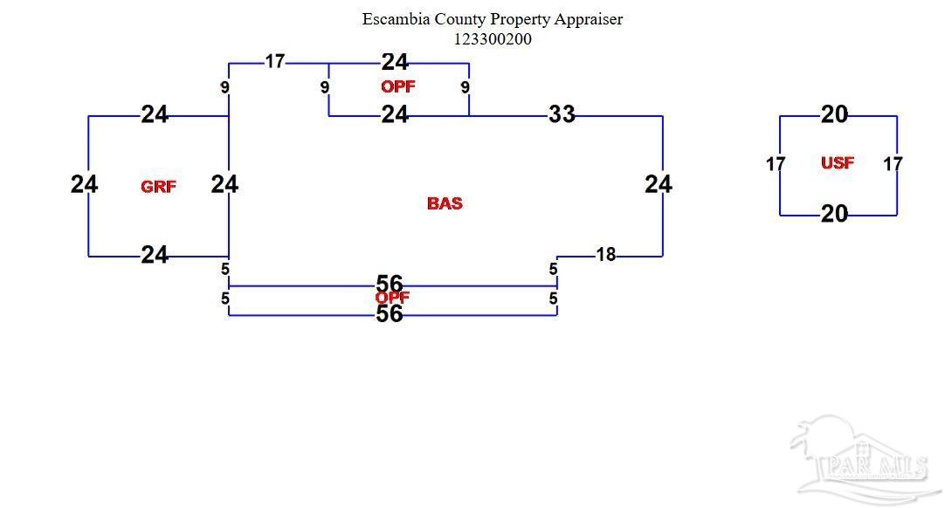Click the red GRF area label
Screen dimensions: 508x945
coord(158,186)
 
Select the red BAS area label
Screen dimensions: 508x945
coord(445,203)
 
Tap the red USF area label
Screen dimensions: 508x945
coord(837,163)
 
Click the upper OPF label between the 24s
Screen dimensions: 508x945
coord(397,86)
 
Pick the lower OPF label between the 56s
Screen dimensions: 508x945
coord(392,298)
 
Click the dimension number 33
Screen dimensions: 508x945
coord(562,114)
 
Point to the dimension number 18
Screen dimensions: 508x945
coord(605,255)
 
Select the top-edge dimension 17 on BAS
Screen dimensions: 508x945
coord(274,61)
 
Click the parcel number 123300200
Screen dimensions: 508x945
coord(492,38)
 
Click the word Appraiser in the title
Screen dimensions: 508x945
coord(588,18)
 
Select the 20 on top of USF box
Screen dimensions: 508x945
coord(834,114)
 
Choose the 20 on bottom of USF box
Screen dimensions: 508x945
coord(834,214)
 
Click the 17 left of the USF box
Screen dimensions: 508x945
coord(776,164)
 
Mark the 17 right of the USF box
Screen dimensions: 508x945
coord(893,164)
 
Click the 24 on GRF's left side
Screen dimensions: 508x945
coord(85,184)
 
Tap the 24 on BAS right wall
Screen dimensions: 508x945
coord(659,184)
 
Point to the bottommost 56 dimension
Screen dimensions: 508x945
coord(390,314)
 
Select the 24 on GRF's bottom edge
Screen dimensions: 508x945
coord(155,255)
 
